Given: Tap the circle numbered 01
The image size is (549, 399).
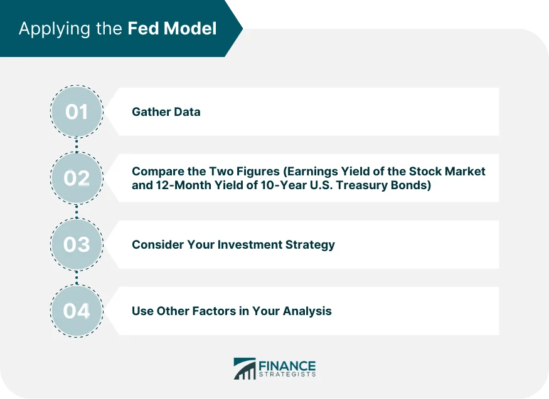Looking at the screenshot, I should pos(77,112).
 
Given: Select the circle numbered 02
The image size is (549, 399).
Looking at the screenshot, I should pos(77,179).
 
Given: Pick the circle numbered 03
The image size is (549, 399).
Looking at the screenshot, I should pos(77,244).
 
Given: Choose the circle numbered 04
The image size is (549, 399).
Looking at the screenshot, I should pos(77,311).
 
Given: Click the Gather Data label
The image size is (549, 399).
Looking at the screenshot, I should pos(166,112).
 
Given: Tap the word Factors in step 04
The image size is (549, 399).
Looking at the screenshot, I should pos(212,311).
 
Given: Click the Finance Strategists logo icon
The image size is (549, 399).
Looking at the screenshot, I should pos(245,368).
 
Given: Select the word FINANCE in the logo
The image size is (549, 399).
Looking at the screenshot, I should pos(287,365).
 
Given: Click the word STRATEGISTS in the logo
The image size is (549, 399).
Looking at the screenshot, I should pos(287,375).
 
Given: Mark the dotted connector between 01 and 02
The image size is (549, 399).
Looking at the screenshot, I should pos(77,145).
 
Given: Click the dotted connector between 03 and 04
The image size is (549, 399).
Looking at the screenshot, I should pos(77,277).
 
